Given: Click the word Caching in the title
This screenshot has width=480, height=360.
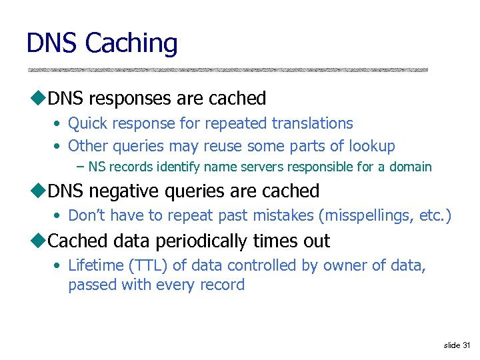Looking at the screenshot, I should point(132,44).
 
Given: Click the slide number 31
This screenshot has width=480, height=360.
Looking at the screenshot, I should point(465,345).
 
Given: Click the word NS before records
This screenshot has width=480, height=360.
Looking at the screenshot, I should point(97,167).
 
